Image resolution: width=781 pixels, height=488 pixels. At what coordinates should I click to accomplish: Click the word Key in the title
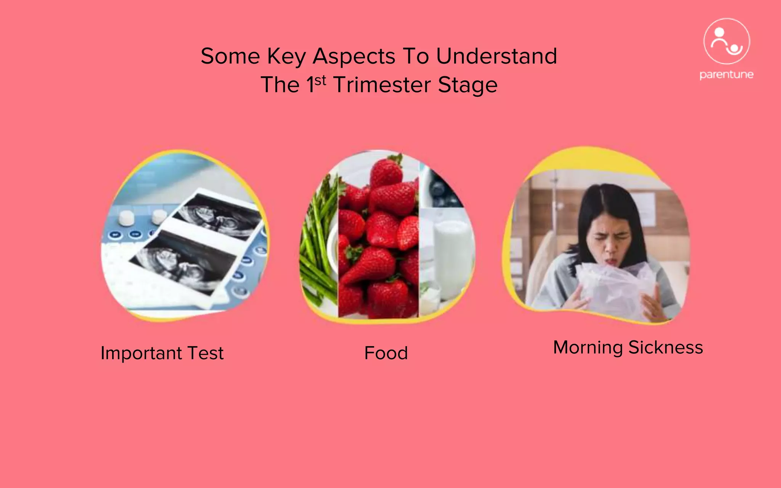[x=286, y=56]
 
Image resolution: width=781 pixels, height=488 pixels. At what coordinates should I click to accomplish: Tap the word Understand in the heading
[x=496, y=56]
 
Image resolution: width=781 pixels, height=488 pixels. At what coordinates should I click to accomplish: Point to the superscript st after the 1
[x=320, y=80]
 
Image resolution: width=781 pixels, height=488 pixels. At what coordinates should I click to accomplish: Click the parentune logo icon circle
[x=726, y=42]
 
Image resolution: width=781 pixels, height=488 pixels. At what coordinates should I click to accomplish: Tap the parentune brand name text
[x=726, y=74]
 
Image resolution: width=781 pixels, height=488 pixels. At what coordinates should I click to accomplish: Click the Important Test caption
[x=162, y=353]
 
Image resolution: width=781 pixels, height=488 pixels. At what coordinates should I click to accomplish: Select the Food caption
[x=386, y=353]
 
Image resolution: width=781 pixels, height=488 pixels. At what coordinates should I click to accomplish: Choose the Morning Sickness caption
[x=628, y=347]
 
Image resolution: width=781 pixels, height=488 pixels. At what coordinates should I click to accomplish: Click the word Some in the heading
[x=230, y=56]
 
